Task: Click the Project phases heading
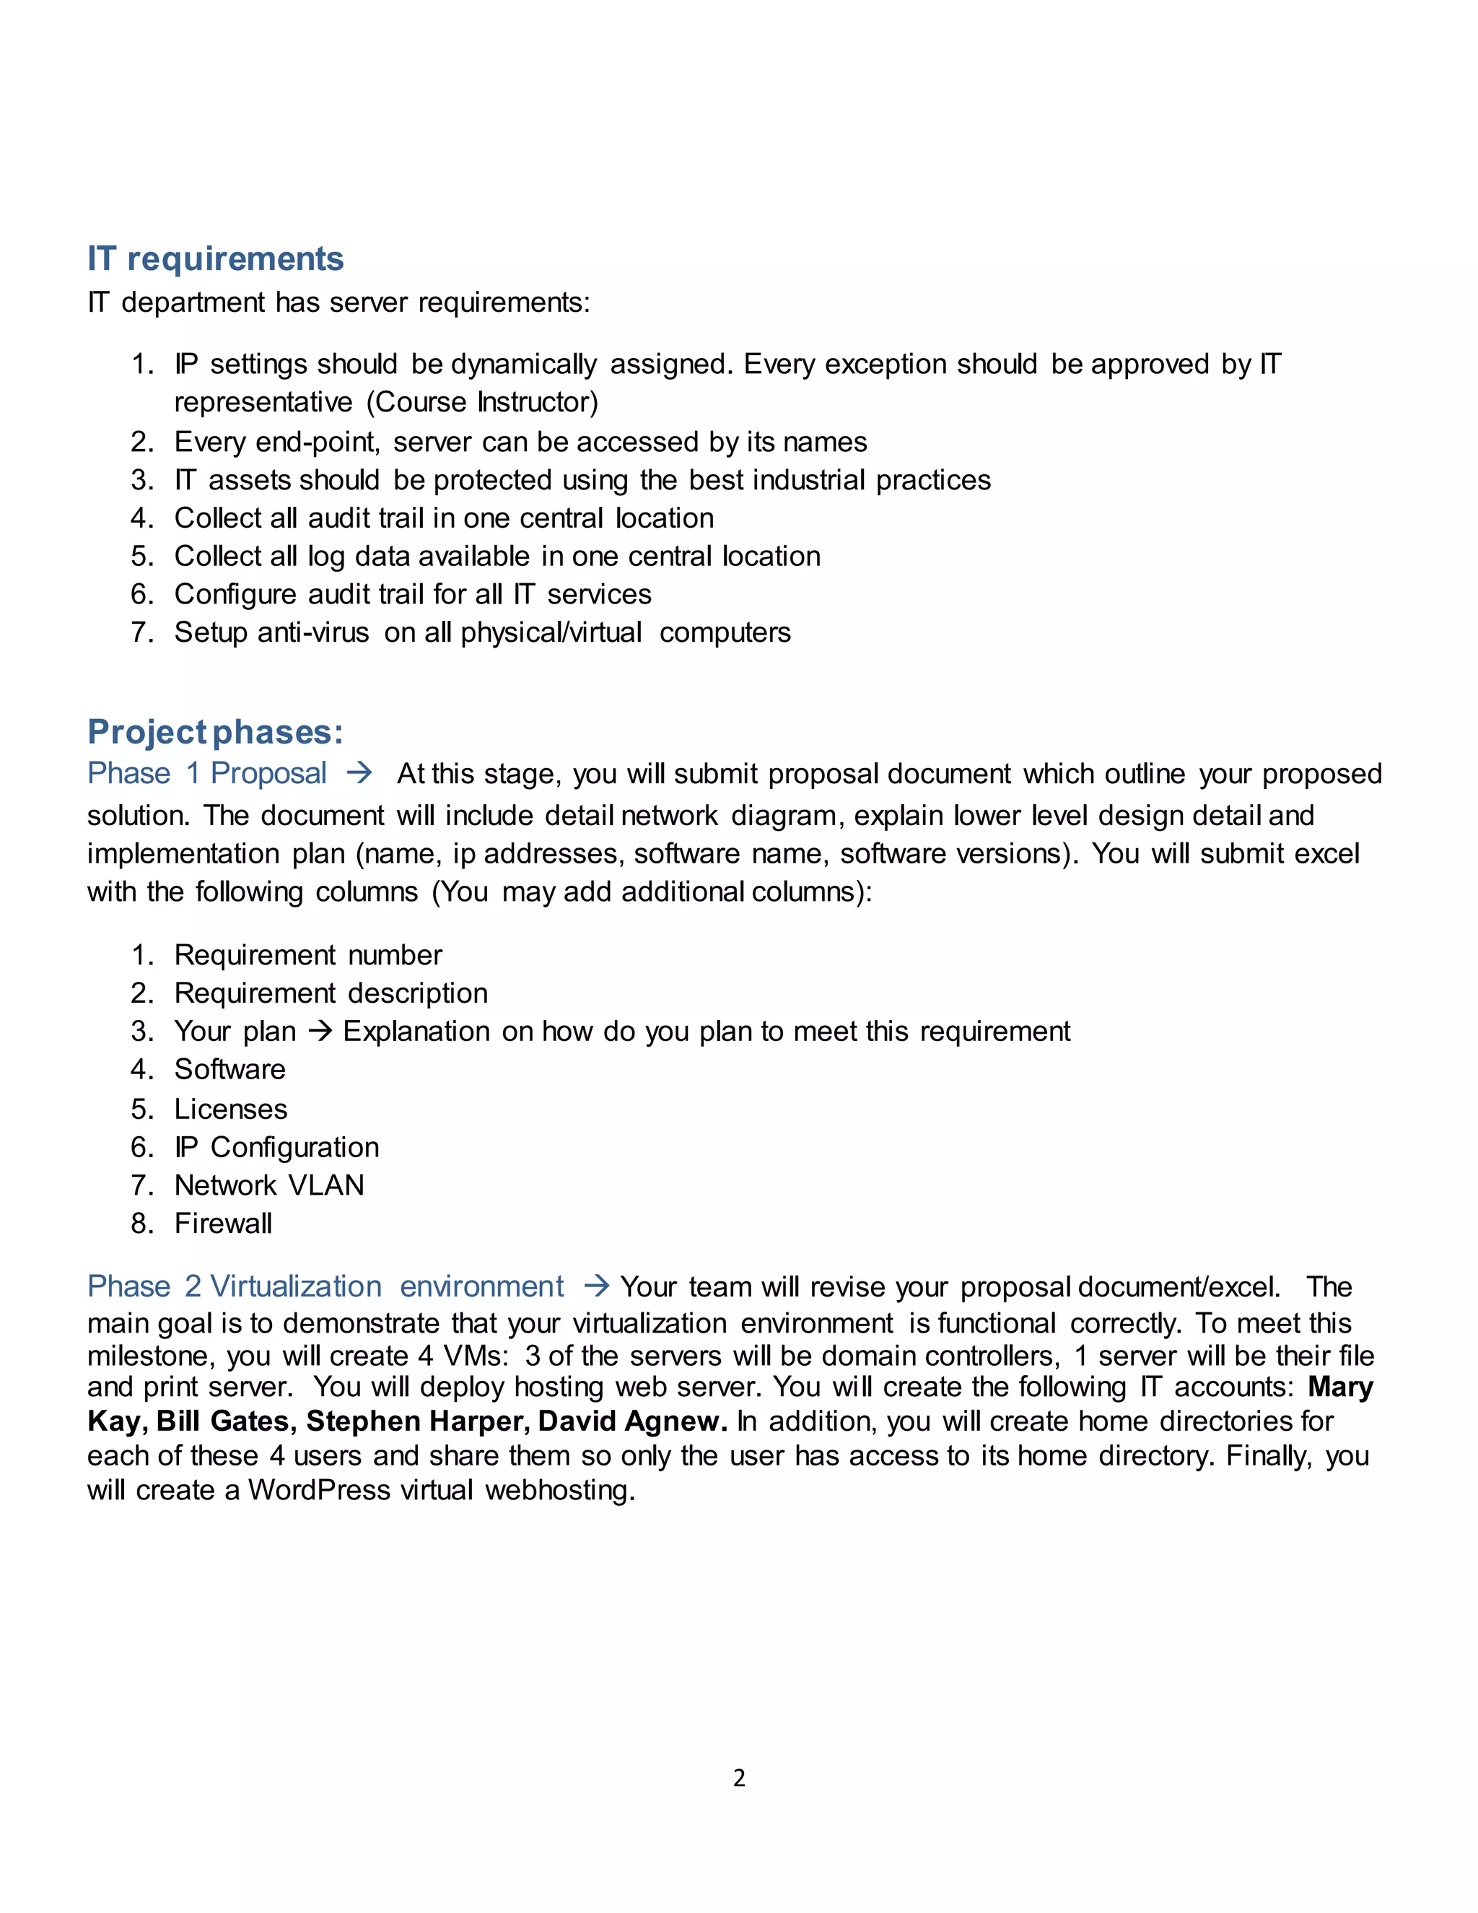coord(215,732)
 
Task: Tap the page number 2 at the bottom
coord(739,1777)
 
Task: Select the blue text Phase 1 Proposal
coord(208,773)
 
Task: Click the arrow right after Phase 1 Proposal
coord(359,773)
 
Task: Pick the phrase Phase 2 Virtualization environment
coord(325,1286)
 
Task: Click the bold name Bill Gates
coord(222,1421)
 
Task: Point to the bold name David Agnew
coord(632,1421)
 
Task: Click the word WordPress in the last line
coord(319,1490)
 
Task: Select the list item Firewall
coord(223,1224)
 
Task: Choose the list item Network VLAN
coord(268,1185)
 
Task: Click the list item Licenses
coord(231,1109)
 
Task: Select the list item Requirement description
coord(331,993)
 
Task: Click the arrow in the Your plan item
coord(320,1032)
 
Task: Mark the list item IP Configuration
coord(276,1148)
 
